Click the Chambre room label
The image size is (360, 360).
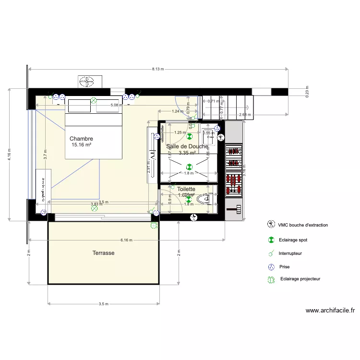click(81, 139)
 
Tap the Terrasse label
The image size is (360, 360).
click(104, 252)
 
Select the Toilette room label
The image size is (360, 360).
click(186, 189)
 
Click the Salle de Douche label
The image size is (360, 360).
click(187, 146)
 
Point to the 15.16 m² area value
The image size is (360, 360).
click(82, 144)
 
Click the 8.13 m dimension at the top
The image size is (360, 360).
click(158, 69)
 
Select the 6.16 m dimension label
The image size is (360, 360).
click(126, 240)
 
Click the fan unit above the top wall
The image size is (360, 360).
click(88, 82)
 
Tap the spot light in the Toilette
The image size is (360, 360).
click(189, 198)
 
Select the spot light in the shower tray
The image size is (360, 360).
click(189, 167)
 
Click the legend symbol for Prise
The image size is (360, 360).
click(271, 266)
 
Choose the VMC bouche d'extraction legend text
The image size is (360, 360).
click(303, 225)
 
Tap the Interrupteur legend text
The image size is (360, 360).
click(290, 253)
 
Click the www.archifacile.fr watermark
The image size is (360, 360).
click(330, 311)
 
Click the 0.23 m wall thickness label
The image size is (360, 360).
click(308, 92)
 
